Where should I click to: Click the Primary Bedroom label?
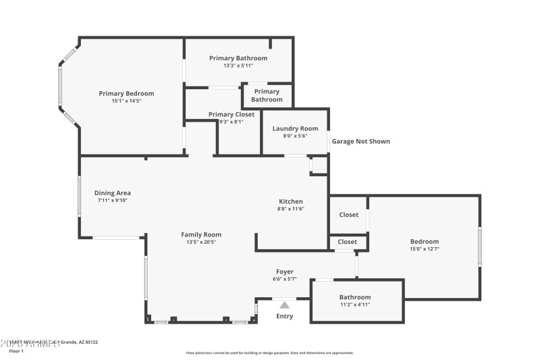point(126,93)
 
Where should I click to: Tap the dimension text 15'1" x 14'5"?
point(126,101)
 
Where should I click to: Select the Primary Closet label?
point(232,114)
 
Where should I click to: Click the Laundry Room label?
point(295,128)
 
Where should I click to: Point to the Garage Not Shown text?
point(360,141)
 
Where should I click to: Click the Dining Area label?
point(112,193)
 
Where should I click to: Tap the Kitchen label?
point(291,201)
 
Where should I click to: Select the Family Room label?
point(201,234)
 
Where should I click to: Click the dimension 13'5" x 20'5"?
point(201,242)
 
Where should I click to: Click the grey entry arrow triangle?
point(284,305)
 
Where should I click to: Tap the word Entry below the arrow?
point(285,316)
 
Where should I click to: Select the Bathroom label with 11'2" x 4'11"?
point(354,297)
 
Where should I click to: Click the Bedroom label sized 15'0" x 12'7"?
point(424,241)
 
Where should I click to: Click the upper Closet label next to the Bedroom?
point(348,215)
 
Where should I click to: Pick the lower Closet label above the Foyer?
point(347,242)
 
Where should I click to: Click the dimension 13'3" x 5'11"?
point(238,66)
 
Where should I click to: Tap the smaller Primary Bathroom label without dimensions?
point(267,95)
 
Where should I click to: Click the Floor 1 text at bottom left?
point(16,351)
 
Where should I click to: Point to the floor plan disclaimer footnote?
point(269,353)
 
